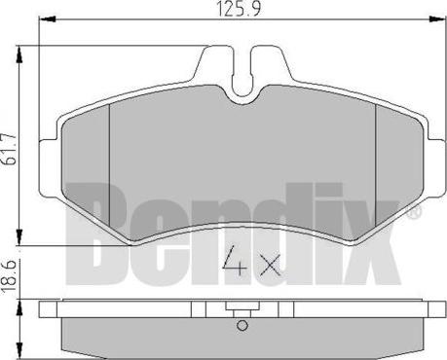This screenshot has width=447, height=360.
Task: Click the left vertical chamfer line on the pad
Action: coord(111,161)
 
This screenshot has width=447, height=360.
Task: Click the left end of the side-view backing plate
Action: coord(43,311)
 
